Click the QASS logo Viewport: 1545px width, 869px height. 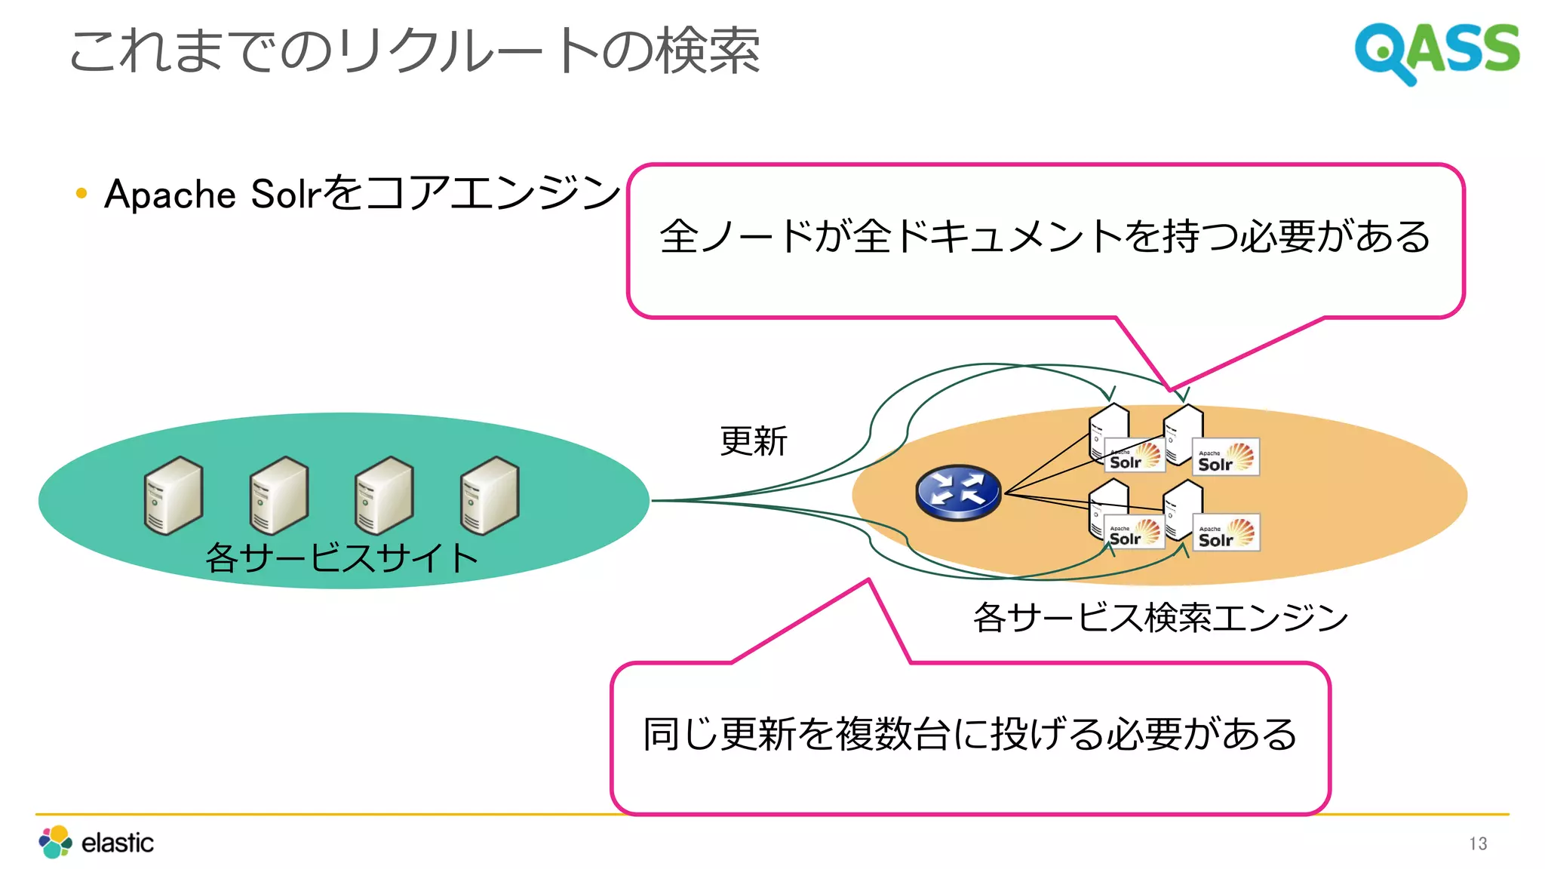coord(1436,51)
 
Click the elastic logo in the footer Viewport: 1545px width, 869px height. coord(97,842)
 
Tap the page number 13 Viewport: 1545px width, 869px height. coord(1478,843)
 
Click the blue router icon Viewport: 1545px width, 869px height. coord(958,492)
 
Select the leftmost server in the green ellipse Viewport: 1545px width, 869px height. coord(174,496)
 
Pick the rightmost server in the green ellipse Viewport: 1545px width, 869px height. coord(490,496)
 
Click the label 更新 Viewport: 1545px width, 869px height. coord(753,441)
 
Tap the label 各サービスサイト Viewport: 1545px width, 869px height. coord(342,558)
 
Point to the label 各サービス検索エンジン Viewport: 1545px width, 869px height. coord(1160,617)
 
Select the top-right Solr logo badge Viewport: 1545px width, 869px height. coord(1226,457)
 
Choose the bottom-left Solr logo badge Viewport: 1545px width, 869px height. coord(1135,533)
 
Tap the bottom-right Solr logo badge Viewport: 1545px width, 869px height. coord(1226,533)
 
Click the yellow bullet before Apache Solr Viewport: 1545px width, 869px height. coord(81,194)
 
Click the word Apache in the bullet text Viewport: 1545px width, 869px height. coord(170,195)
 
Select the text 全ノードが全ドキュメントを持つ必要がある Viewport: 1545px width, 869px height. coord(1045,236)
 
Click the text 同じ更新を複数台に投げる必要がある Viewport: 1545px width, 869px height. coord(969,734)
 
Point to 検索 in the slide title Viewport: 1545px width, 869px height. coord(708,51)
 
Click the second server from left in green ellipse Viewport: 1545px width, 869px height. coord(279,496)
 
